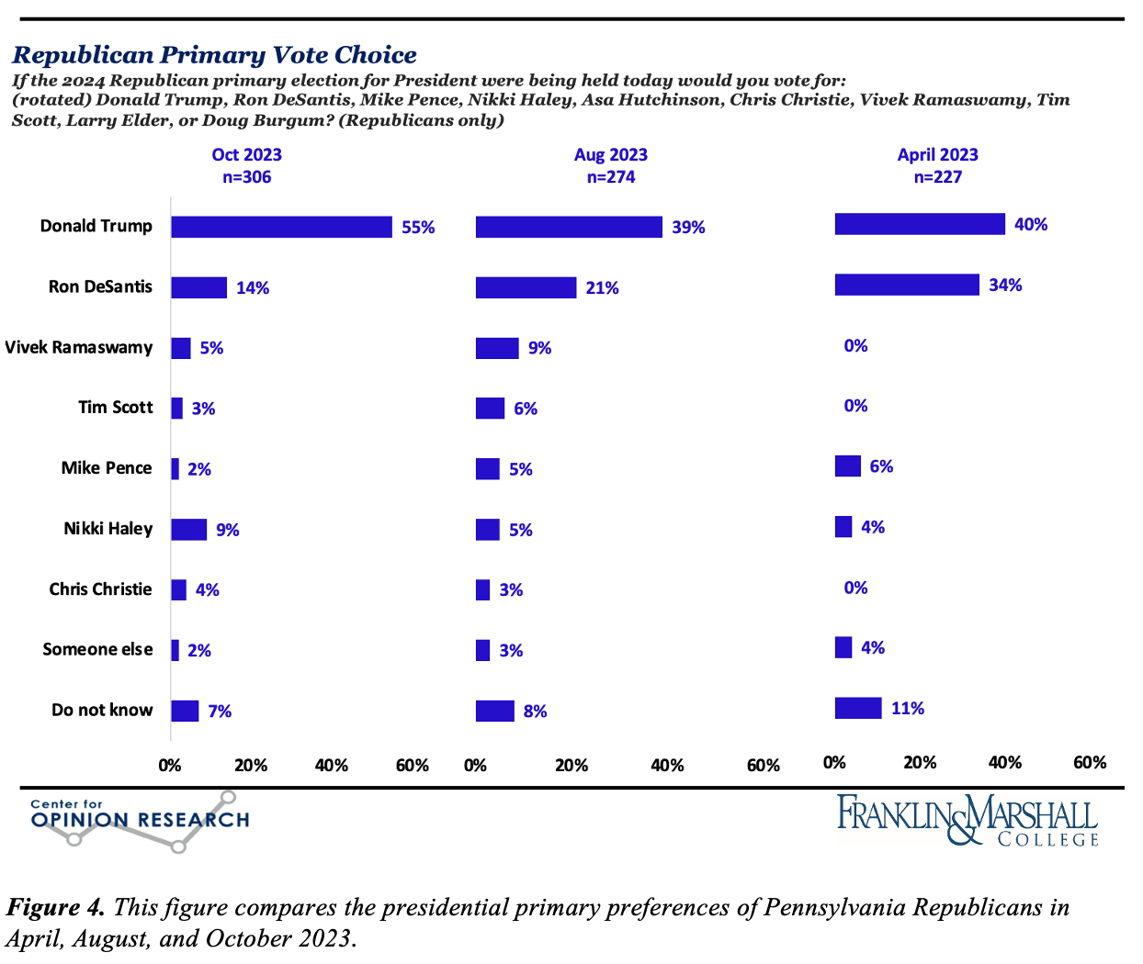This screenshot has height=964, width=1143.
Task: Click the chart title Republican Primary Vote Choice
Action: coord(214,55)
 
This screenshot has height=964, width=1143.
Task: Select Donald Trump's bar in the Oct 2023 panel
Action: coord(281,227)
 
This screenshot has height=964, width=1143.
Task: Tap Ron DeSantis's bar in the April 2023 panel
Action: coord(906,285)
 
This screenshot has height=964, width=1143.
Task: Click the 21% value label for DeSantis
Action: coord(602,288)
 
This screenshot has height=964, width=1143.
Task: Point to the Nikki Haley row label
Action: coord(108,529)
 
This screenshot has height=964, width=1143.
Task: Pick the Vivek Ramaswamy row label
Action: coord(79,348)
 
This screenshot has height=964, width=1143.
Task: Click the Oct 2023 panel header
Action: coord(246,155)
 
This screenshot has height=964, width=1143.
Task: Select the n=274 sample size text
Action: coord(611,177)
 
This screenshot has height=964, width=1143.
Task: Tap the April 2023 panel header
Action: coord(937,155)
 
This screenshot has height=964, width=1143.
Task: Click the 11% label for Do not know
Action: coord(907,709)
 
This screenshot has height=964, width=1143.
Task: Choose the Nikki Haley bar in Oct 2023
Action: coord(188,530)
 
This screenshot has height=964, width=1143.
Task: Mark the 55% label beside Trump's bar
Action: coord(418,228)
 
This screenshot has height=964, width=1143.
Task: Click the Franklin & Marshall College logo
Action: coord(967,820)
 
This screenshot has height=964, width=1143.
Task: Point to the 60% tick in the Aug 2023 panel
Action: coord(763,766)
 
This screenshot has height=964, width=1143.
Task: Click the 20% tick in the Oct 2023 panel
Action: coord(251,766)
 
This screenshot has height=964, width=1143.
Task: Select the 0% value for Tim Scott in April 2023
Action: coord(855,406)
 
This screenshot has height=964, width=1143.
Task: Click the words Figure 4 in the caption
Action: coord(55,908)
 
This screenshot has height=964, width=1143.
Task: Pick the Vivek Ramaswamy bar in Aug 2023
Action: coord(497,348)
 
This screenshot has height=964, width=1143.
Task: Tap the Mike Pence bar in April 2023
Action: coord(847,466)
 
